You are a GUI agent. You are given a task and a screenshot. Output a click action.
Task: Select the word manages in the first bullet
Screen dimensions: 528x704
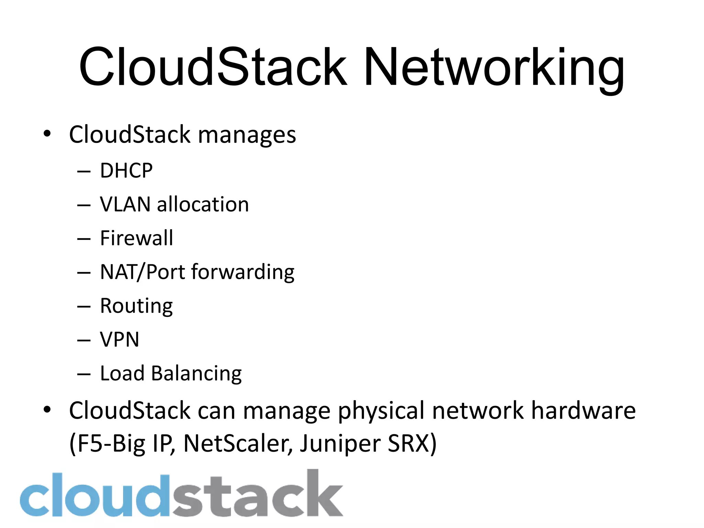[247, 135]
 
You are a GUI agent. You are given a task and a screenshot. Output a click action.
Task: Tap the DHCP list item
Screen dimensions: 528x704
[126, 170]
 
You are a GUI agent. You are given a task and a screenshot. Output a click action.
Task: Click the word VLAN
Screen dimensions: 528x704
[125, 205]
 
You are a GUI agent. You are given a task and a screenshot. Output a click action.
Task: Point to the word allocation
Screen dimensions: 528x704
[203, 205]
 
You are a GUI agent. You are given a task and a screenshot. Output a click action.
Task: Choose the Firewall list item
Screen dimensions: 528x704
[136, 238]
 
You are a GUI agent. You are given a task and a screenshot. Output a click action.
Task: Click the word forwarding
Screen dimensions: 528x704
[243, 272]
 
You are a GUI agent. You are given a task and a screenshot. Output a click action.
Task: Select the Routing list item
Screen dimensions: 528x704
[136, 306]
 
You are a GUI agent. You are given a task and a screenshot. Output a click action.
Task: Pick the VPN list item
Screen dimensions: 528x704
[119, 340]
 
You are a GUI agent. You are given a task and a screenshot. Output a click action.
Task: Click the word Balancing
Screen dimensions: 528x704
[196, 373]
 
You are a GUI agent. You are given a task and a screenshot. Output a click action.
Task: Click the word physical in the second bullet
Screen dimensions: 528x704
[381, 411]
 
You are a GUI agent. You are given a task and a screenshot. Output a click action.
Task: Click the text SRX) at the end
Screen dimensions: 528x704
[412, 443]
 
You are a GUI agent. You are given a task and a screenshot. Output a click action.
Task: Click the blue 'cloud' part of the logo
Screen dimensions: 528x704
[95, 495]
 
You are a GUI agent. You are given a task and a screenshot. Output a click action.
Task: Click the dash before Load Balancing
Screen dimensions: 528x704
[84, 374]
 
